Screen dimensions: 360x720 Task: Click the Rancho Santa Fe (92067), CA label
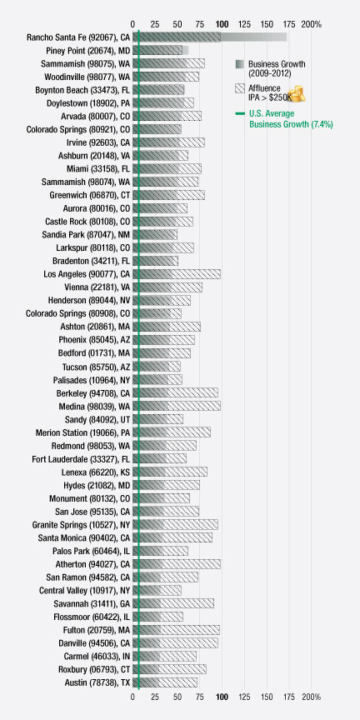[x=78, y=37]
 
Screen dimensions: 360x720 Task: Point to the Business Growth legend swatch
[x=240, y=64]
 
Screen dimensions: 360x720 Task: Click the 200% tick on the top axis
[x=311, y=24]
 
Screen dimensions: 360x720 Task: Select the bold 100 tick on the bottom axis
[x=222, y=697]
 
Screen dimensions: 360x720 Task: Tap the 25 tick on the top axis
[x=155, y=24]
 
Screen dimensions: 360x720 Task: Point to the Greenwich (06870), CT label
[x=90, y=195]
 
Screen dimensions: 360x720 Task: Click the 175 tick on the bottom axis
[x=289, y=697]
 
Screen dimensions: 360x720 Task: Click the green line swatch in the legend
[x=240, y=113]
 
